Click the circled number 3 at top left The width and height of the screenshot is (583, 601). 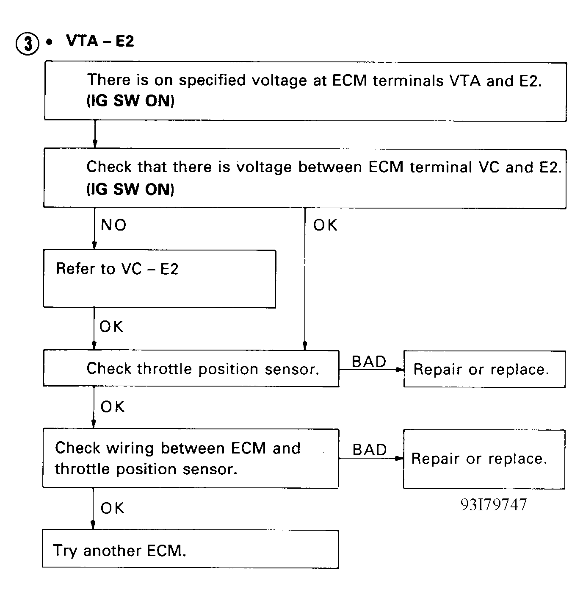(28, 44)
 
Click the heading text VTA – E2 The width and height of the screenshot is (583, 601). (100, 41)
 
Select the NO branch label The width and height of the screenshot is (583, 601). (113, 225)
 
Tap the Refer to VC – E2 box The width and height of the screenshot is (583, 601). (160, 279)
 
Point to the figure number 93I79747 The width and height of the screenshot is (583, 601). (494, 505)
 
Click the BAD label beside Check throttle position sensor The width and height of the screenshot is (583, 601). (369, 362)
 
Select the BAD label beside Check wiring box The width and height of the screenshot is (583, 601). (370, 450)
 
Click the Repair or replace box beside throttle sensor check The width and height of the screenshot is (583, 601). (484, 369)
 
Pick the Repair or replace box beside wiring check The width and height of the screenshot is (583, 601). (484, 459)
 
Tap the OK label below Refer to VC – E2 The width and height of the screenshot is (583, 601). (111, 326)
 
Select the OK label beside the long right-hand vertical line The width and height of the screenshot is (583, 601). (325, 225)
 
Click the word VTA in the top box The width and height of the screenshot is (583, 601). (465, 81)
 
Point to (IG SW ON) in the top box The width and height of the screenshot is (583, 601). (130, 101)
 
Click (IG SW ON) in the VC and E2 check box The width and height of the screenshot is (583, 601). (130, 189)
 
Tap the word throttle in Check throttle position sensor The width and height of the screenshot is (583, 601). (165, 368)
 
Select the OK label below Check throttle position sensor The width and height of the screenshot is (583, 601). (113, 407)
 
